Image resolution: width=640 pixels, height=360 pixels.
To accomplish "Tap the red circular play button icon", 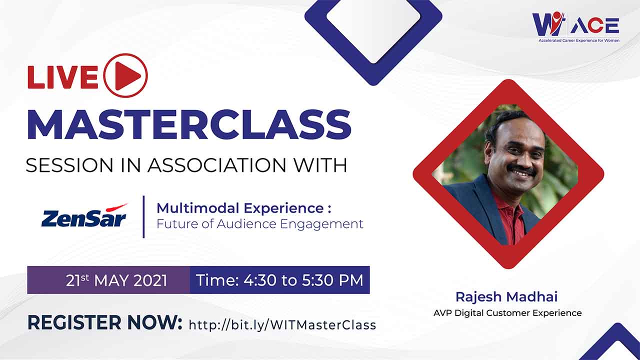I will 125,75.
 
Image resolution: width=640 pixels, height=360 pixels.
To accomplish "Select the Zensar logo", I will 84,216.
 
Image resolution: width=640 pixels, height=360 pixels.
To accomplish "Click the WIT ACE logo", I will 575,25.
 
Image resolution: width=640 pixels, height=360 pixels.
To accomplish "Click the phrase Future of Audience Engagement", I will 259,223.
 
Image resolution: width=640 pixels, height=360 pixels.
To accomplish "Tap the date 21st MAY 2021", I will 116,280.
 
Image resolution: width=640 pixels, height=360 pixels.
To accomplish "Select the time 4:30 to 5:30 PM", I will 303,280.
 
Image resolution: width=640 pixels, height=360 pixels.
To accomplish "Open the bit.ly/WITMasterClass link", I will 282,325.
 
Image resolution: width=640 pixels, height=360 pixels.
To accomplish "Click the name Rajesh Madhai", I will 507,296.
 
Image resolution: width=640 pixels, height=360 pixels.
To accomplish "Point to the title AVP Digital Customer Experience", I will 507,313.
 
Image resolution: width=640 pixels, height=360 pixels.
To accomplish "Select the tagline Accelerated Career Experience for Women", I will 578,40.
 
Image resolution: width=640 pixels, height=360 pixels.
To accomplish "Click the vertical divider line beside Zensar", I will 143,216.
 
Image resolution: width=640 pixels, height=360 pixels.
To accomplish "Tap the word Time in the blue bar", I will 216,280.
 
